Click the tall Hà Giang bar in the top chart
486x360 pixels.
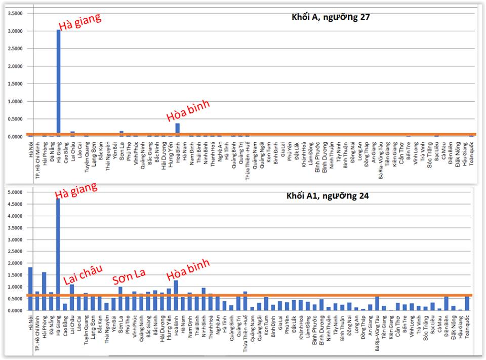click(x=59, y=84)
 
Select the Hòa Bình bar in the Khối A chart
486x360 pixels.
click(x=177, y=129)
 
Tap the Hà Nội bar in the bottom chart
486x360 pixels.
click(x=30, y=289)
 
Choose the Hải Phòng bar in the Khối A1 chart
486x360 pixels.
click(x=44, y=291)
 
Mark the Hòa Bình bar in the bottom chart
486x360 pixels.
click(x=176, y=295)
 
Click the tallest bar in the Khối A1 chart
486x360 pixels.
click(x=58, y=253)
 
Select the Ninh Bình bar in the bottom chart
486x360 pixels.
click(x=204, y=299)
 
